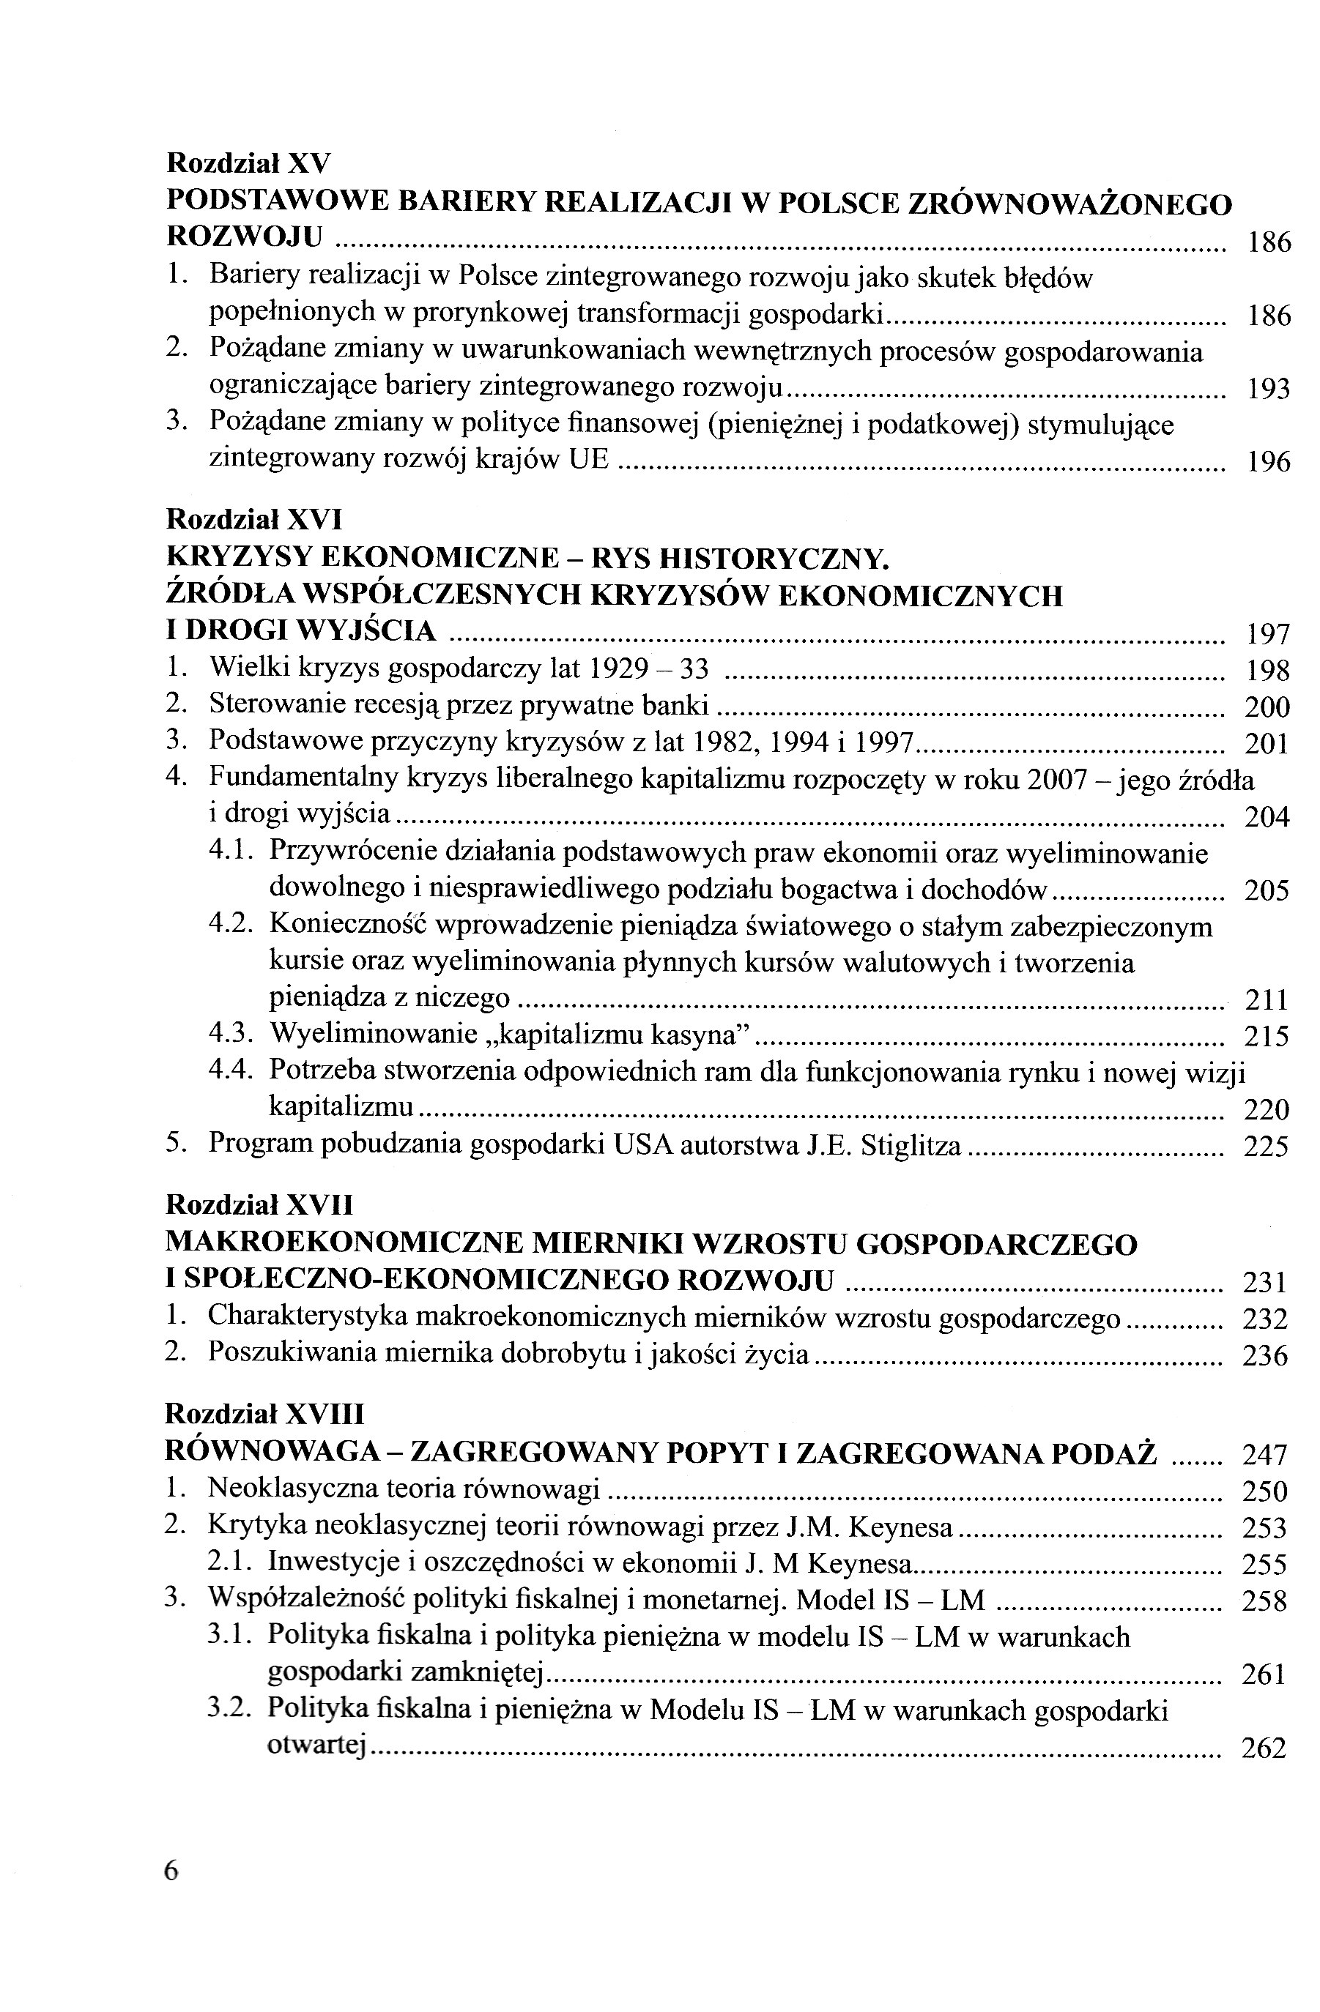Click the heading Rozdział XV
pyautogui.click(x=250, y=162)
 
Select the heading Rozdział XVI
pyautogui.click(x=254, y=518)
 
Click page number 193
pyautogui.click(x=1269, y=390)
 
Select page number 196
pyautogui.click(x=1269, y=463)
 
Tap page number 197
pyautogui.click(x=1269, y=633)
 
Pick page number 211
pyautogui.click(x=1267, y=1000)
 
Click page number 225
pyautogui.click(x=1267, y=1147)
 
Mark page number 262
pyautogui.click(x=1264, y=1748)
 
